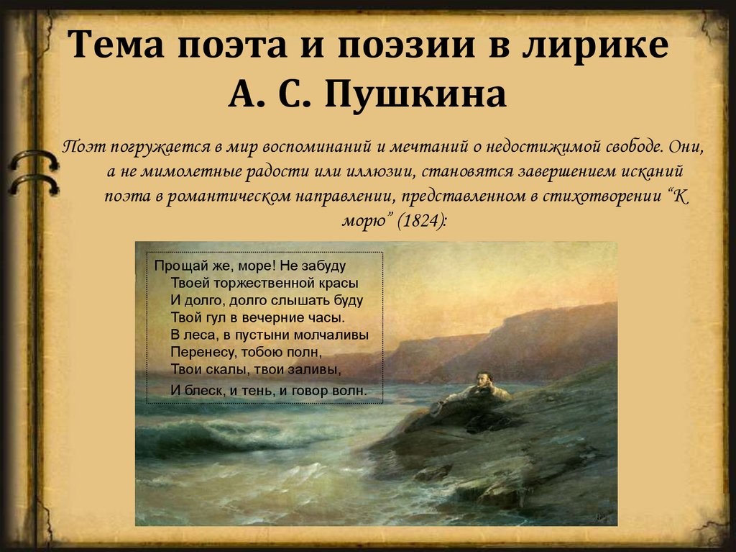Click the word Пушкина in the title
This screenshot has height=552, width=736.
[x=416, y=94]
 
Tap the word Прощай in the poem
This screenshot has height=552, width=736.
[x=178, y=266]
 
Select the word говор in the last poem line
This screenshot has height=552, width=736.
[x=303, y=391]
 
